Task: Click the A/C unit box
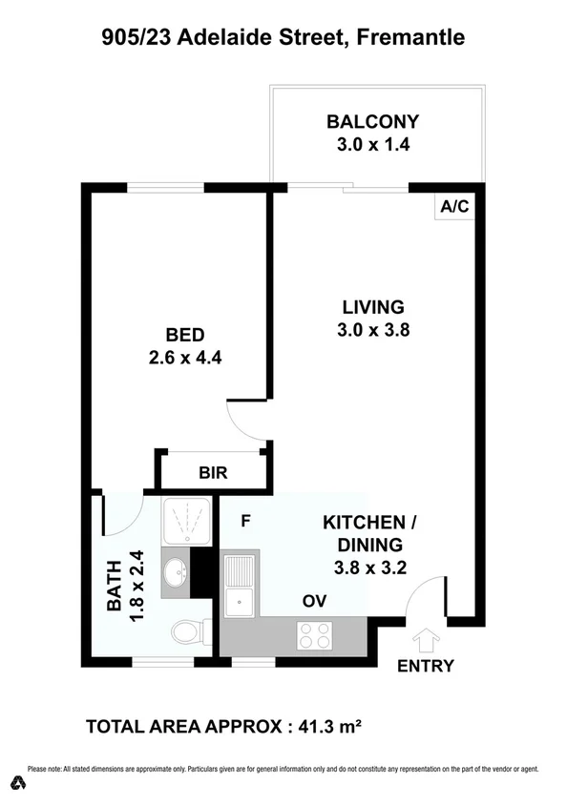tap(453, 206)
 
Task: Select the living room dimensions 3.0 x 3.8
tap(373, 330)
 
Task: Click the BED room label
tap(185, 335)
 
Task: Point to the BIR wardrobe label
tap(213, 472)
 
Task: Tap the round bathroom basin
tap(178, 574)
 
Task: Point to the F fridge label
tap(245, 521)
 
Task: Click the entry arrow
tap(426, 636)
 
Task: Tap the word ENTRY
tap(426, 666)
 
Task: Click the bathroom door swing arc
tap(122, 515)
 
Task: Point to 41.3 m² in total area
tap(325, 727)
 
